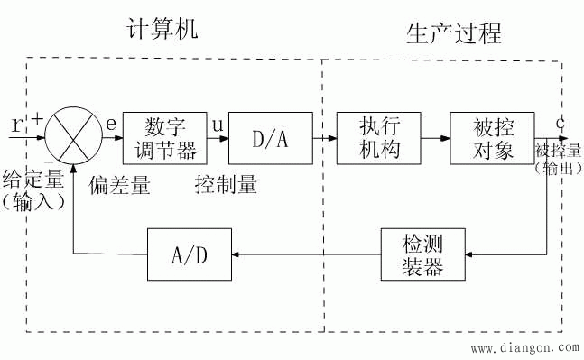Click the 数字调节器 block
click(159, 138)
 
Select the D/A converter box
click(270, 138)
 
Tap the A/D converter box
click(190, 254)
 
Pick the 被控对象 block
click(492, 138)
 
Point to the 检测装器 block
click(423, 254)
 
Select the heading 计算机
click(162, 31)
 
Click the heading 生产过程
click(454, 34)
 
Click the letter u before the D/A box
click(218, 124)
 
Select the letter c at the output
click(561, 122)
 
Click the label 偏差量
click(119, 186)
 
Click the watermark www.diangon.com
click(524, 346)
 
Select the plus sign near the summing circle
click(39, 118)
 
